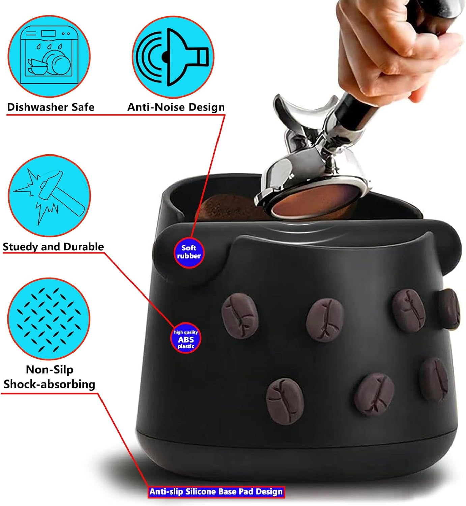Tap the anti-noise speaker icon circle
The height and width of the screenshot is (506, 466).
pos(173,57)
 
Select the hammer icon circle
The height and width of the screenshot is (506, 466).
pos(49,196)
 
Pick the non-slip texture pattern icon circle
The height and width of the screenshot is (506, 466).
pos(49,319)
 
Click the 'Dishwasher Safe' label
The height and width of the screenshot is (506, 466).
pos(51,107)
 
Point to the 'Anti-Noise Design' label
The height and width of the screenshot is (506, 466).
pos(176,107)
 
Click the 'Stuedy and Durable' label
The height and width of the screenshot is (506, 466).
pos(53,247)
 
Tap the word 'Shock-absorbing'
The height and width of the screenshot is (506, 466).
pos(49,384)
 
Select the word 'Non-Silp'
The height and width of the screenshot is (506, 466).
pos(50,370)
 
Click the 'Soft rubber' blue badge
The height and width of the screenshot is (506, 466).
pos(189,252)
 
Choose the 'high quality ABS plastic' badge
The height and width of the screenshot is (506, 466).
pos(186,339)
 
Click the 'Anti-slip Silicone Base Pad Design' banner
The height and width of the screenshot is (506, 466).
pos(216,491)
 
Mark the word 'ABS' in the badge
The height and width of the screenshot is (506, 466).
pos(186,339)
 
